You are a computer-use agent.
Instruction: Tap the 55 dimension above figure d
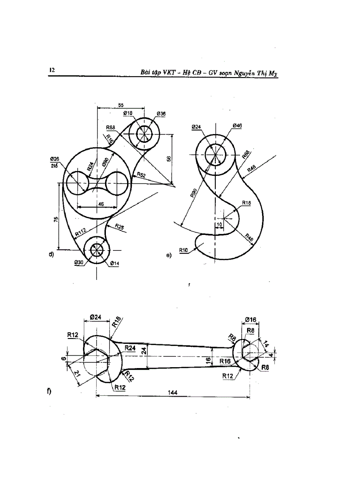120,104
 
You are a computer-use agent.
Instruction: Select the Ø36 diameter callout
161,114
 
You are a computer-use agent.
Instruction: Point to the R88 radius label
111,127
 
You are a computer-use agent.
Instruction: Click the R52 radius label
141,175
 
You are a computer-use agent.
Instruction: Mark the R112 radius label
80,231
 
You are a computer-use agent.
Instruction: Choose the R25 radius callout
120,226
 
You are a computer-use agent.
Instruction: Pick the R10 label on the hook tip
184,250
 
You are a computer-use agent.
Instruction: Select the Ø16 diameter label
251,319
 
